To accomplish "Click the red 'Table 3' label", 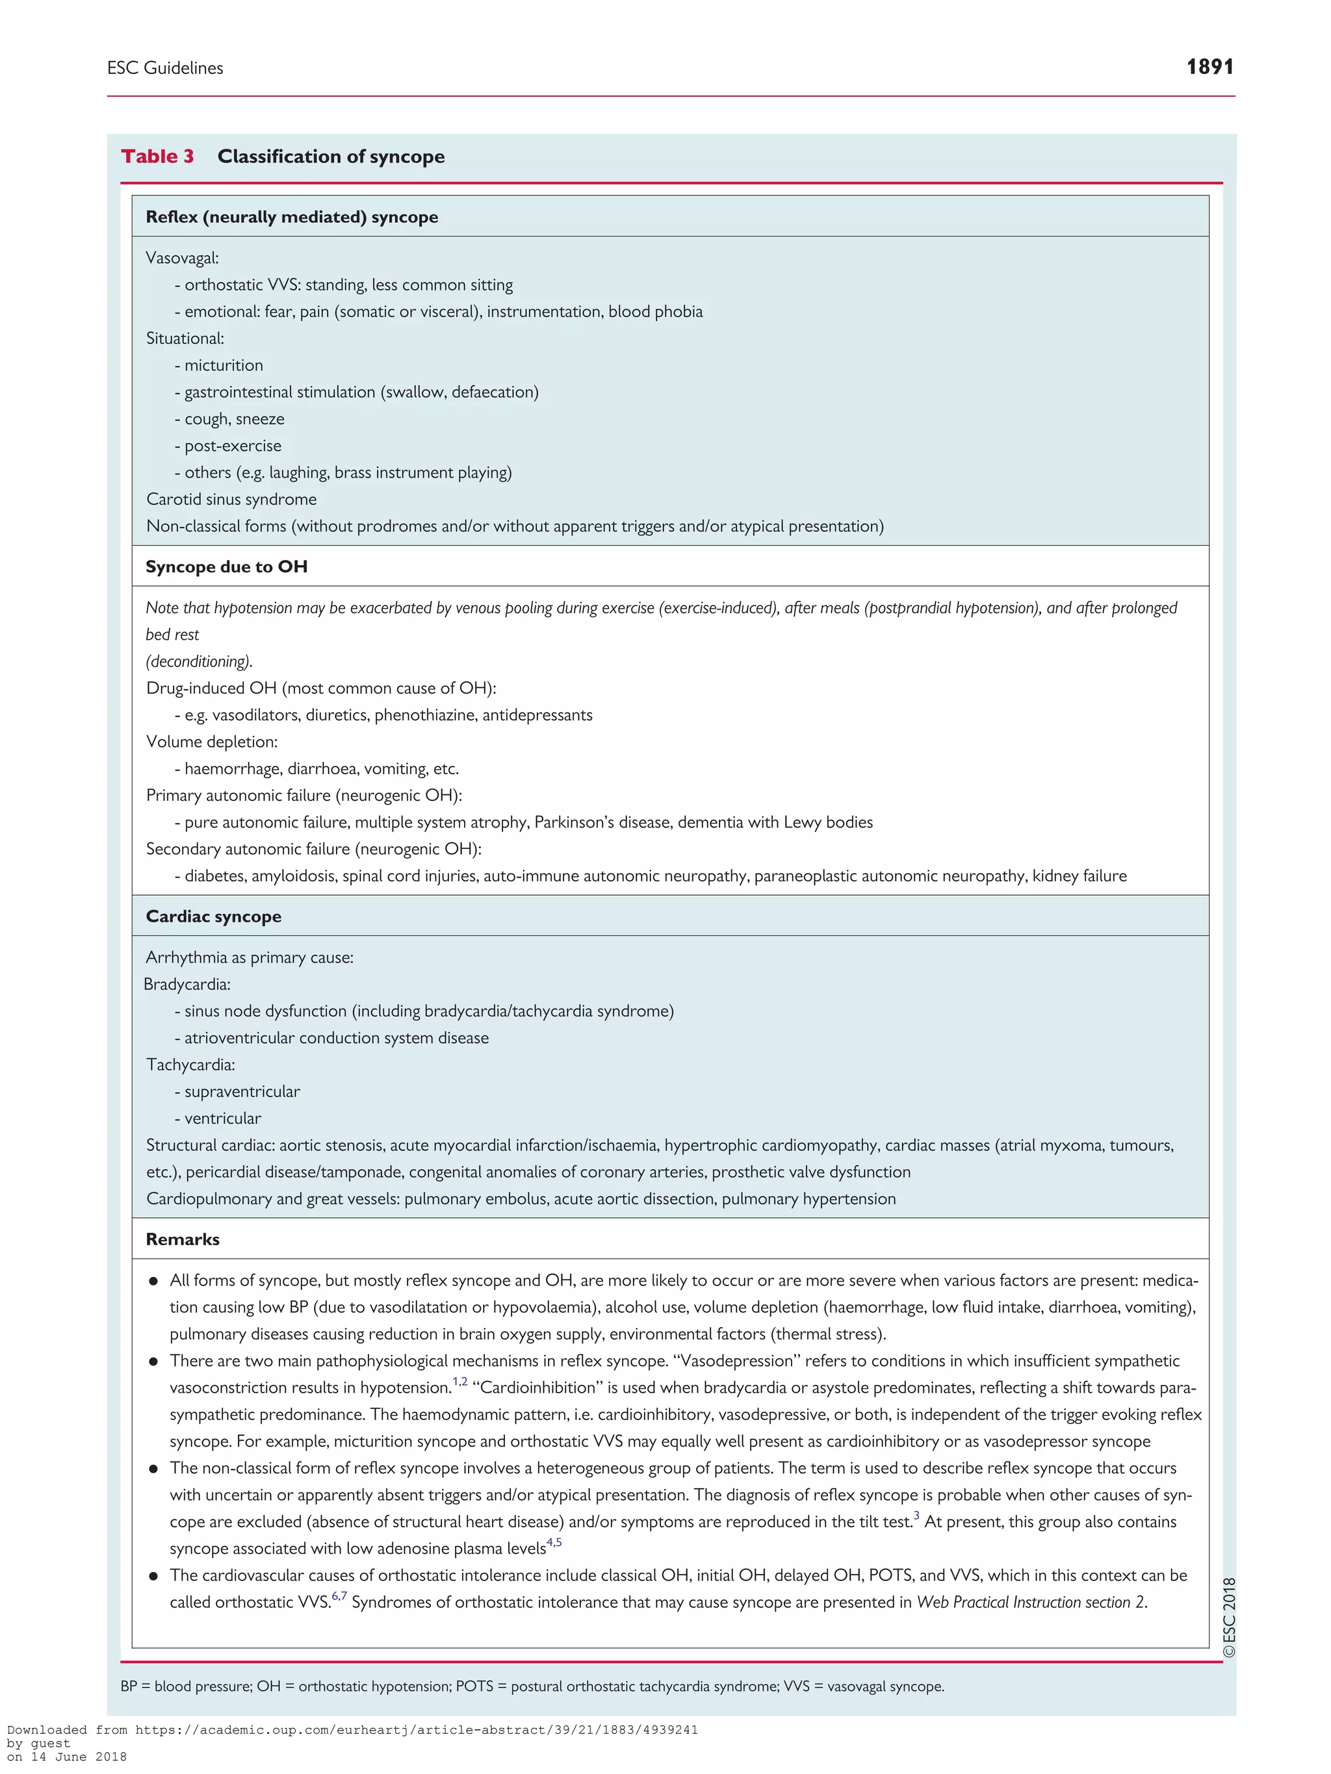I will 157,157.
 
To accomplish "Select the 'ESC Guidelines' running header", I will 165,68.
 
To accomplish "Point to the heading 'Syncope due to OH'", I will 226,566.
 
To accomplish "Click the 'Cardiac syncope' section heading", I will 213,916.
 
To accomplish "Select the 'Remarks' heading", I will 182,1239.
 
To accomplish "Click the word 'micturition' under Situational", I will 223,365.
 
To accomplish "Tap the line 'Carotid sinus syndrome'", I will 231,499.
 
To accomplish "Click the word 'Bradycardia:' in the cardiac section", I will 187,984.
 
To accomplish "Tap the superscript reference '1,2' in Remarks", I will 459,1382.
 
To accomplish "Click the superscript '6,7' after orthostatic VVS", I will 339,1596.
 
